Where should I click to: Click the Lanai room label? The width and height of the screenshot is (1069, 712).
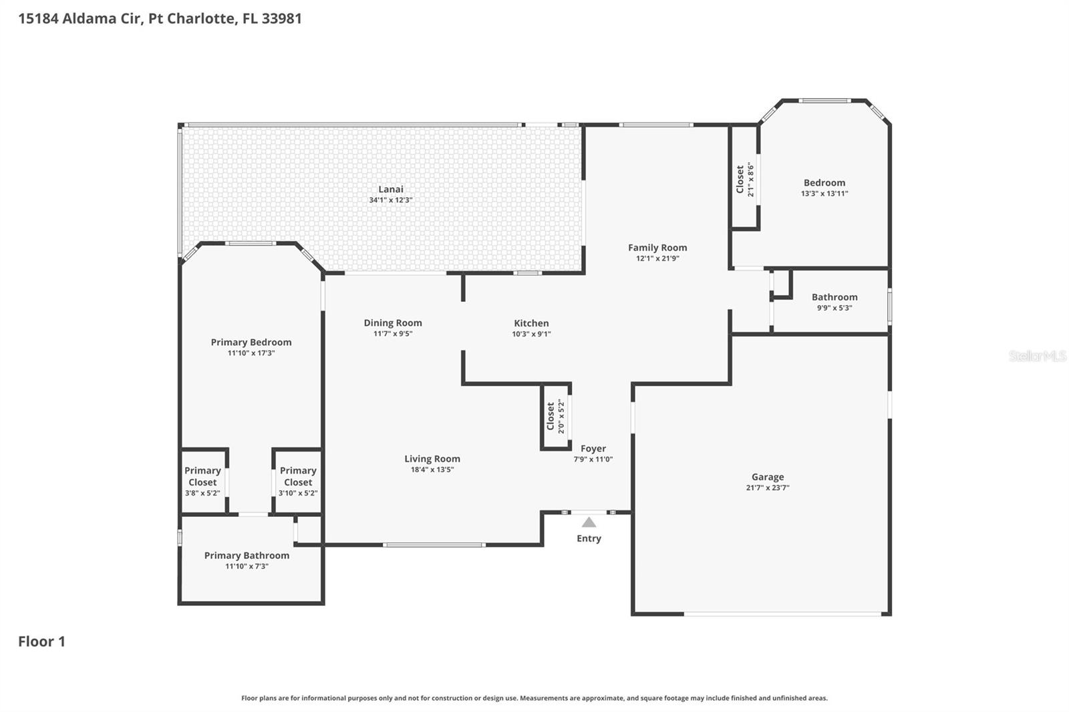coord(391,189)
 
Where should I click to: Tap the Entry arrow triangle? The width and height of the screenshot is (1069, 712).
coord(589,522)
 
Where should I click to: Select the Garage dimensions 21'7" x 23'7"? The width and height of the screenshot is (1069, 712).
coord(768,488)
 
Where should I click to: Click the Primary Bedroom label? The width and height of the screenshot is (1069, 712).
coord(251,342)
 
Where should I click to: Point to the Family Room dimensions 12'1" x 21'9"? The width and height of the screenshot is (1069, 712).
coord(657,258)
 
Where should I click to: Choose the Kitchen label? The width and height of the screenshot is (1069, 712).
coord(531,323)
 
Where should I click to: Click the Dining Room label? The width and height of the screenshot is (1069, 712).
coord(393,323)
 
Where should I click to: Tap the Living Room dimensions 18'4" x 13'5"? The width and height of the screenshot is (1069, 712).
coord(432,470)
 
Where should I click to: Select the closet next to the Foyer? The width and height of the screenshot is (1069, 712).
coord(556,417)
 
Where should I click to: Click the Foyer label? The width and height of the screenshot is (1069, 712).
coord(593,449)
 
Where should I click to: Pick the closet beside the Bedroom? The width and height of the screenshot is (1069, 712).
coord(744,179)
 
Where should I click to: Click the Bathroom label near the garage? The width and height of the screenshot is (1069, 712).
coord(834,297)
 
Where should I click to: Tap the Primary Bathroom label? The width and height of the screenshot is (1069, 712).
coord(247,555)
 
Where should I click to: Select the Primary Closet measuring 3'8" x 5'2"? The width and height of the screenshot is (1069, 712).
coord(202,481)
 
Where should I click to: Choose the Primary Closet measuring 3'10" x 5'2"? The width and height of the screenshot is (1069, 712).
coord(298,481)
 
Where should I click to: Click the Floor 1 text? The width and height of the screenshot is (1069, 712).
coord(41,641)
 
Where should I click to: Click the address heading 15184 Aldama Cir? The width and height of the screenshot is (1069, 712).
coord(160,18)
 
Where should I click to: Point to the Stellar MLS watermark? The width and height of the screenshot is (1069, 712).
coord(1037,356)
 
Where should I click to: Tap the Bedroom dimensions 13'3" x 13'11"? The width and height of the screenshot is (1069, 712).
coord(824,193)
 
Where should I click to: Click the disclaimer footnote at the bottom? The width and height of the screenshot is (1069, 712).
coord(534,698)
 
